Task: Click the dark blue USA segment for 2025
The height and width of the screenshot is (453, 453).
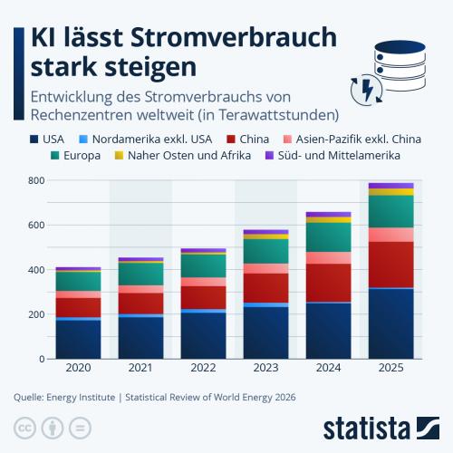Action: pyautogui.click(x=391, y=323)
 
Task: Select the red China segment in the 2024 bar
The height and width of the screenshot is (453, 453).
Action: pyautogui.click(x=329, y=283)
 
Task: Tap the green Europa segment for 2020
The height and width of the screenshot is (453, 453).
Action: pyautogui.click(x=78, y=282)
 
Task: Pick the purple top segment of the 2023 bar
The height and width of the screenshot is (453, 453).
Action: pyautogui.click(x=266, y=232)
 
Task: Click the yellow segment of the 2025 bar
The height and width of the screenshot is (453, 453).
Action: pyautogui.click(x=391, y=192)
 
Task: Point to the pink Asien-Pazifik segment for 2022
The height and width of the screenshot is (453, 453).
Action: pyautogui.click(x=204, y=282)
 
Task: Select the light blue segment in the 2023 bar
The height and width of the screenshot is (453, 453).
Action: pyautogui.click(x=266, y=305)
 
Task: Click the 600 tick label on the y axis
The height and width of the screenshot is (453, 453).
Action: pyautogui.click(x=36, y=225)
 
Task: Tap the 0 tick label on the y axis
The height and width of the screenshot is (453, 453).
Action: pyautogui.click(x=42, y=359)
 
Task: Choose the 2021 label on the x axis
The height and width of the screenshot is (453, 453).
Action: pyautogui.click(x=140, y=368)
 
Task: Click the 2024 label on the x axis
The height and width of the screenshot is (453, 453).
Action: pyautogui.click(x=329, y=368)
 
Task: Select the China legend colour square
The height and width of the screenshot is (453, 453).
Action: pyautogui.click(x=231, y=140)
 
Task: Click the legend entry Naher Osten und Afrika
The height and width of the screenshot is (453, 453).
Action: pyautogui.click(x=183, y=156)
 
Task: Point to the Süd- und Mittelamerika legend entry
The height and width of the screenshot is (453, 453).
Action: pyautogui.click(x=333, y=156)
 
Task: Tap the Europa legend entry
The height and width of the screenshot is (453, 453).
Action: pyautogui.click(x=75, y=156)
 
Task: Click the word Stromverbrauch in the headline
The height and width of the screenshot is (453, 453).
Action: pyautogui.click(x=234, y=37)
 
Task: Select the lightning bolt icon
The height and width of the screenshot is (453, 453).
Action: pyautogui.click(x=367, y=90)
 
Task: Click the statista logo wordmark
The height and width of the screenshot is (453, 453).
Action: pyautogui.click(x=367, y=428)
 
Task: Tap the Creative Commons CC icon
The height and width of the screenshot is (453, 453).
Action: pyautogui.click(x=24, y=428)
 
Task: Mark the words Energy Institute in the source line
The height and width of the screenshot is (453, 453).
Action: pyautogui.click(x=81, y=397)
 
